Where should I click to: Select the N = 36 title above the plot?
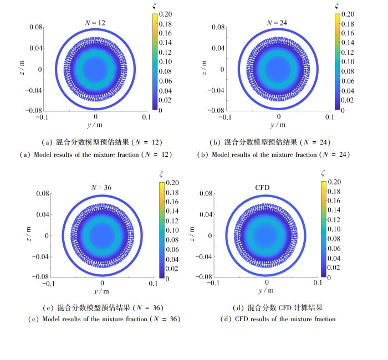pyautogui.click(x=101, y=188)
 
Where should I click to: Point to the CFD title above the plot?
pyautogui.click(x=262, y=188)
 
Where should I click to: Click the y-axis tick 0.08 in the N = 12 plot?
pyautogui.click(x=35, y=27)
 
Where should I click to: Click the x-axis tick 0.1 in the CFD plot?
pyautogui.click(x=318, y=283)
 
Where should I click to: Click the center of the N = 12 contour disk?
pyautogui.click(x=96, y=69)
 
